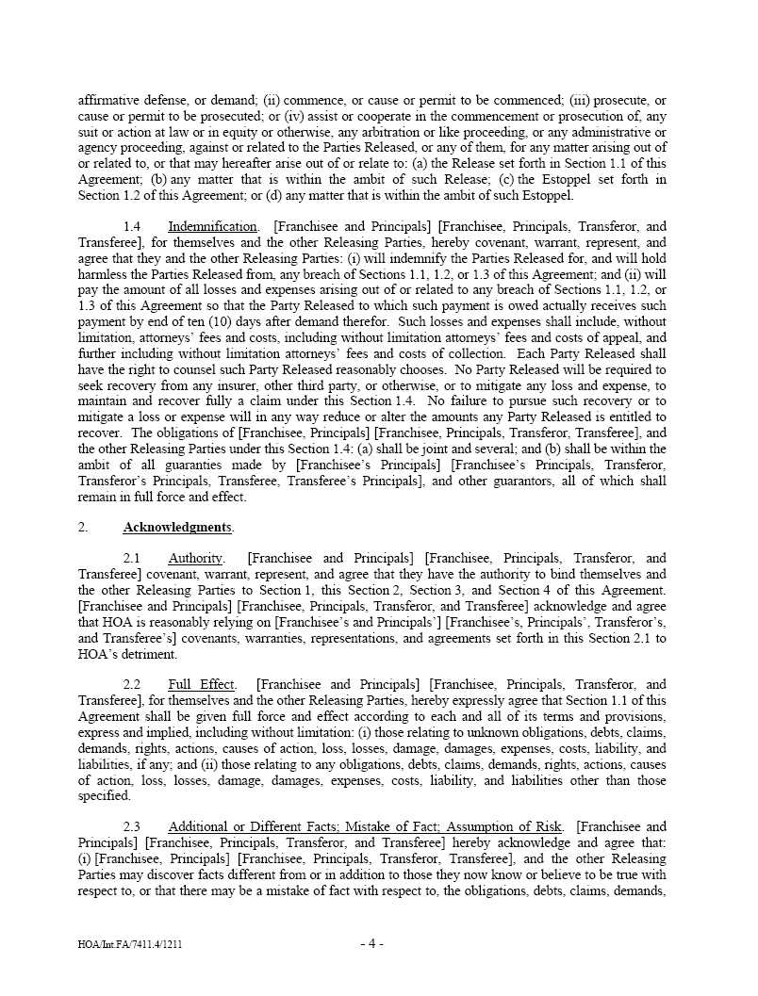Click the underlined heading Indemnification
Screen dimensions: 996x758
pyautogui.click(x=212, y=226)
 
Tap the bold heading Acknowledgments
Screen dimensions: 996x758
pyautogui.click(x=177, y=527)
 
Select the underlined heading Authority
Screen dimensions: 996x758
pyautogui.click(x=195, y=559)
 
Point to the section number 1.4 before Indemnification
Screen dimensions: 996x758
pyautogui.click(x=132, y=226)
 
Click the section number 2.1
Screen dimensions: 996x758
pyautogui.click(x=132, y=559)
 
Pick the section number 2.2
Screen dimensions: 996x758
pyautogui.click(x=132, y=684)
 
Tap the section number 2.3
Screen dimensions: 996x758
pyautogui.click(x=132, y=826)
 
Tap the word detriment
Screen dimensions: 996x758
pyautogui.click(x=147, y=655)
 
